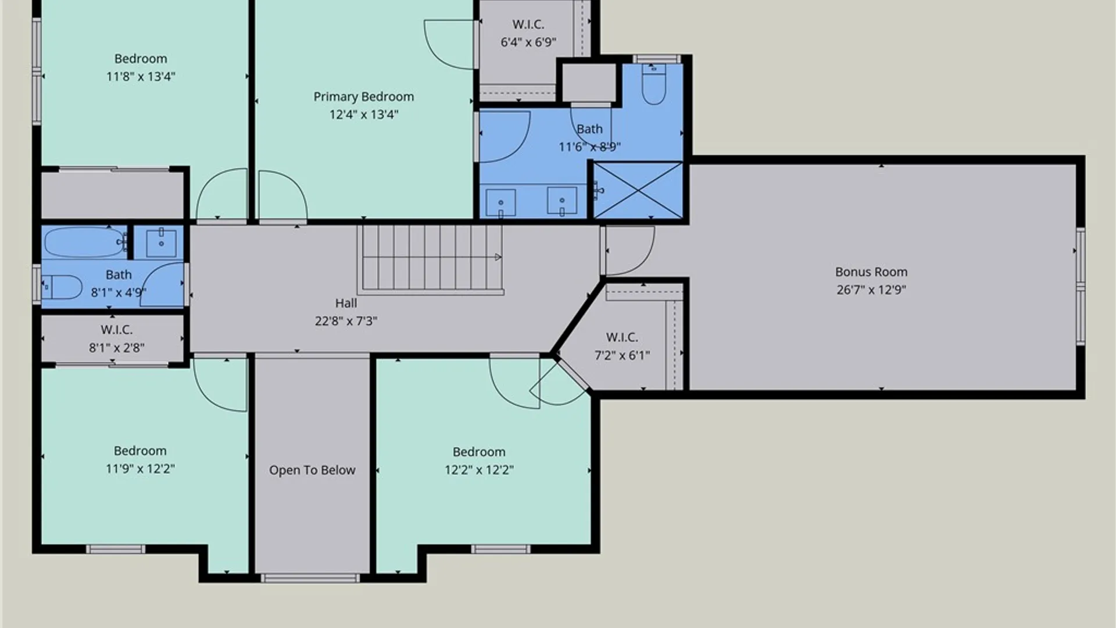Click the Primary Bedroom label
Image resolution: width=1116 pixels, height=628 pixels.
click(364, 97)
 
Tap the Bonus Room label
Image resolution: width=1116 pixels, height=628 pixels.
click(871, 272)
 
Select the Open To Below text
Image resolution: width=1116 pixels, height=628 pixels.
click(312, 470)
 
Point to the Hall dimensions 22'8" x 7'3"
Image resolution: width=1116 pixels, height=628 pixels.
click(346, 321)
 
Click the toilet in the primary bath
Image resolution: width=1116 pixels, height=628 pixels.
click(654, 84)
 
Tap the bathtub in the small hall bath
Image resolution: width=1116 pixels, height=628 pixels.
click(85, 242)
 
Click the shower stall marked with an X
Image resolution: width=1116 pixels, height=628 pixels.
click(638, 190)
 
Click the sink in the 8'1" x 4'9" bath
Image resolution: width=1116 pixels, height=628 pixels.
click(161, 242)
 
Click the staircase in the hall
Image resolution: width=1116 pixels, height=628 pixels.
click(430, 259)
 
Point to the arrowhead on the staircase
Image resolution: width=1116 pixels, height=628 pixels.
click(498, 257)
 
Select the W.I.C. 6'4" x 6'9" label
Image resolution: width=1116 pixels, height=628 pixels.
click(528, 33)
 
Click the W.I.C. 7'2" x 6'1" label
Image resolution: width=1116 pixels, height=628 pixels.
click(622, 346)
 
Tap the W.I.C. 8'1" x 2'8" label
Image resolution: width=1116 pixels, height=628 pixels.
click(116, 338)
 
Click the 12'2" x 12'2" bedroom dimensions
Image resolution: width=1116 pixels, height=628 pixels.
click(479, 470)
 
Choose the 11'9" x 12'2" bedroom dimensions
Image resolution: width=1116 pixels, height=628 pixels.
click(140, 469)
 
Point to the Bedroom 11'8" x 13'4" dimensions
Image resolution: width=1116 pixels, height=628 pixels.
click(141, 76)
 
